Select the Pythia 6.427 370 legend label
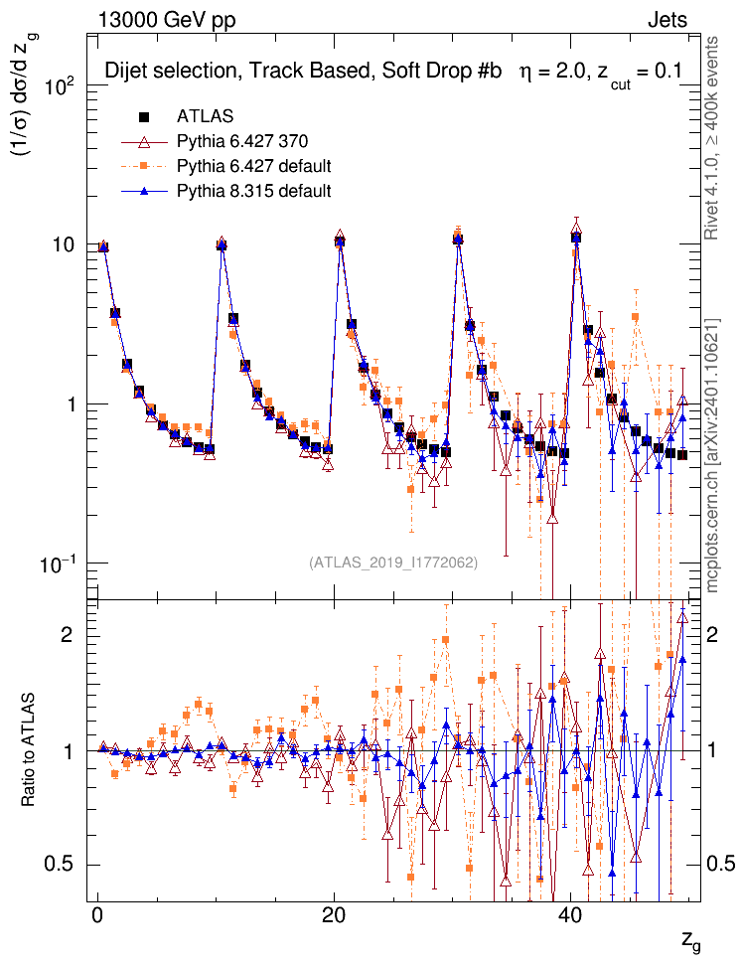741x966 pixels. click(x=239, y=141)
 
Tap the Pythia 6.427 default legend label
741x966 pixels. click(x=252, y=165)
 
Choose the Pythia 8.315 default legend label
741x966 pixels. click(x=252, y=190)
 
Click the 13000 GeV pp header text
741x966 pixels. click(x=167, y=19)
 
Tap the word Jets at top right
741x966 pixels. click(x=667, y=19)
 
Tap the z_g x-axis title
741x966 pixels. click(x=690, y=940)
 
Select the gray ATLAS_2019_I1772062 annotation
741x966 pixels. click(x=393, y=563)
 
